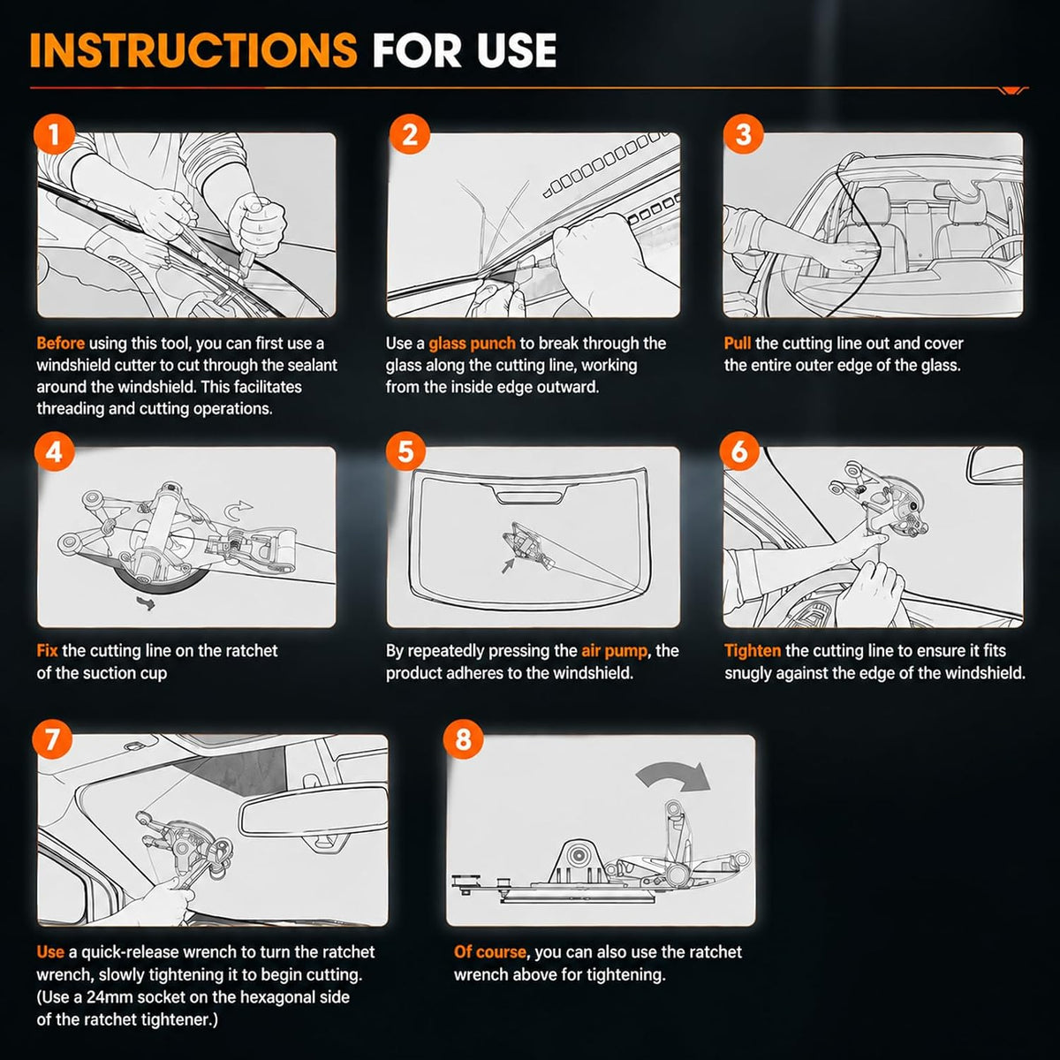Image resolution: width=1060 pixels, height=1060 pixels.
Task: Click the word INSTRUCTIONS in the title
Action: coord(193,50)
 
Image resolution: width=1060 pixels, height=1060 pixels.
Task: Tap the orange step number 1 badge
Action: coord(54,134)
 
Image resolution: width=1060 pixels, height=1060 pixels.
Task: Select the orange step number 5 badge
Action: coord(405,451)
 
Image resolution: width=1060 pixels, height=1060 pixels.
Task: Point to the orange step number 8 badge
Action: coord(463,738)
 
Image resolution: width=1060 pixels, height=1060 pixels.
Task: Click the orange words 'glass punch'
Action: coord(472,344)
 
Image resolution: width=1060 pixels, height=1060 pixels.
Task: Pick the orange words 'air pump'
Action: coord(615,651)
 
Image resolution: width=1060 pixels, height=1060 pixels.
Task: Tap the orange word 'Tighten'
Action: coord(753,651)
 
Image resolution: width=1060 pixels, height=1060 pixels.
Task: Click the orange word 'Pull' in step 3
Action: coord(738,344)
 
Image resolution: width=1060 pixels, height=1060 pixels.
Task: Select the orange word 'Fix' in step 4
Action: coord(48,651)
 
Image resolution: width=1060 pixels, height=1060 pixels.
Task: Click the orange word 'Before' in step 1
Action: coord(61,344)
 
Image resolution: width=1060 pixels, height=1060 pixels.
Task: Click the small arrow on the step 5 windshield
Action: coord(508,565)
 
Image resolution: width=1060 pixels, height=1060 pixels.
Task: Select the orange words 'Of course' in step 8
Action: coord(490,951)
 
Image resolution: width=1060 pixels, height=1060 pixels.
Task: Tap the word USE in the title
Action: coord(516,50)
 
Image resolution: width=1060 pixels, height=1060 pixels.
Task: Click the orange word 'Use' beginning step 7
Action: coord(50,951)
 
